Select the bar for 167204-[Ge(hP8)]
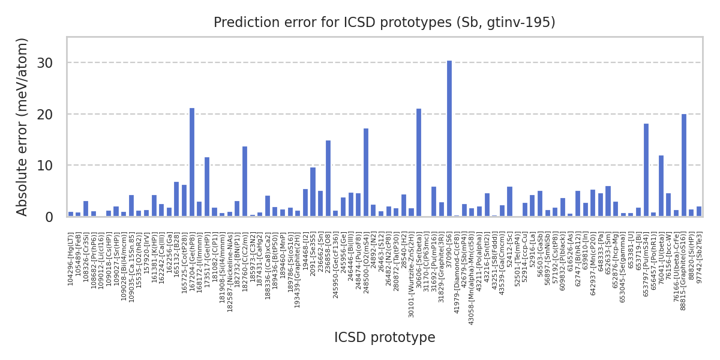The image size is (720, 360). [x=192, y=162]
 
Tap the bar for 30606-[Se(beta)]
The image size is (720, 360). [x=419, y=163]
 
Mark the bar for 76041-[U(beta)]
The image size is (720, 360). [x=661, y=186]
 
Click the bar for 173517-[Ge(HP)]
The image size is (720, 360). [x=207, y=187]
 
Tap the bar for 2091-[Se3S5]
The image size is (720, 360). [x=313, y=192]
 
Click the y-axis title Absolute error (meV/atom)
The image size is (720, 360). [x=23, y=127]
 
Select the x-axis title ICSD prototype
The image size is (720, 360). [x=385, y=338]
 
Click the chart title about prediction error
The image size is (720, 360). [x=385, y=23]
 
